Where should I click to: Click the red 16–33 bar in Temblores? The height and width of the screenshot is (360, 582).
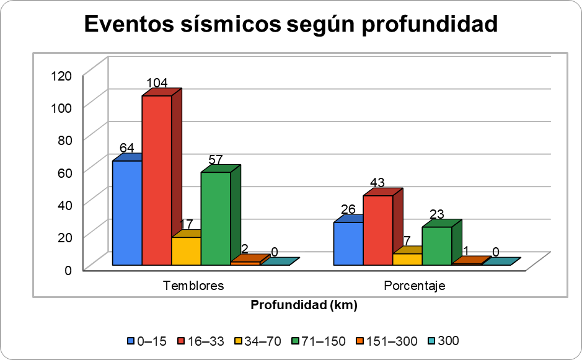tap(156, 180)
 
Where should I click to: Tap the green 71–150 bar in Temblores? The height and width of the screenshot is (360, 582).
tap(216, 218)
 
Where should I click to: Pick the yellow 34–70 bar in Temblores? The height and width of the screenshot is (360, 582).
tap(186, 251)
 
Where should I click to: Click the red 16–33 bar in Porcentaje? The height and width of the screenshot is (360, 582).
tap(377, 230)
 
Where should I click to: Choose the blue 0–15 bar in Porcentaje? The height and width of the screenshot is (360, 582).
tap(348, 244)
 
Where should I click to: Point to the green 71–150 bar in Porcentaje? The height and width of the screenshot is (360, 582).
tap(437, 246)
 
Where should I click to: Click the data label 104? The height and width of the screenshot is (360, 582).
tap(157, 83)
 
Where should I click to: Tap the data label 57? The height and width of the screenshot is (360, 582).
tap(216, 159)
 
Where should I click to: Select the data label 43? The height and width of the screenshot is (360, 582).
tap(377, 183)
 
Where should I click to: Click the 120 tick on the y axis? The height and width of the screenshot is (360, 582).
tap(62, 76)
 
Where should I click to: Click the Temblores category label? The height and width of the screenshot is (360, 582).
tap(193, 286)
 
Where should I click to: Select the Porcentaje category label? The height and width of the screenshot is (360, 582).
tap(415, 286)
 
